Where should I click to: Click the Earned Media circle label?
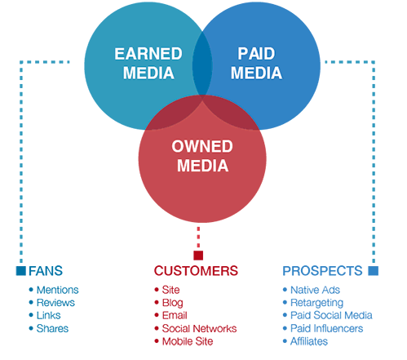pos(148,64)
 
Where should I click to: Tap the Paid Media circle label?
pos(256,64)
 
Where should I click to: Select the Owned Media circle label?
pos(202,156)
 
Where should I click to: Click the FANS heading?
pos(46,271)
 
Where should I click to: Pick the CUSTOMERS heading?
pos(196,271)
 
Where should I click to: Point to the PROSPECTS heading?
pos(322,271)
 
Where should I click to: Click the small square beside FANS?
pos(21,271)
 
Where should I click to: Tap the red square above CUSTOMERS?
pos(198,256)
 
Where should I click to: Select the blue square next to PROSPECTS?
pos(374,271)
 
